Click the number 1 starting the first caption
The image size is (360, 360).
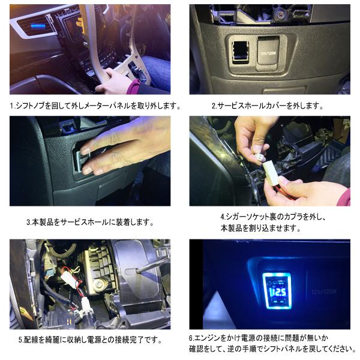point(12,106)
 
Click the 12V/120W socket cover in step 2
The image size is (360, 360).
point(268,53)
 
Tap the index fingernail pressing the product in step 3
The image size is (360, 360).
point(86,151)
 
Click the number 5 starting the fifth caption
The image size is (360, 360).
point(12,340)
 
